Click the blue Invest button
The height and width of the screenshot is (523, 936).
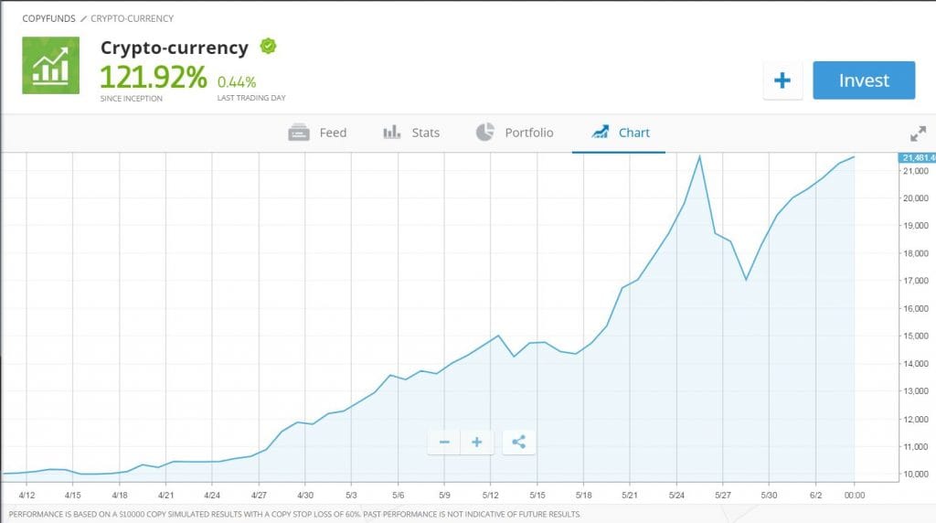point(863,80)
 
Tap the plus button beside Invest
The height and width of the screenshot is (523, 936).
point(782,80)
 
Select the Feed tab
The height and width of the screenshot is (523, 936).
point(317,133)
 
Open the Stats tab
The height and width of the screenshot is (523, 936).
point(411,133)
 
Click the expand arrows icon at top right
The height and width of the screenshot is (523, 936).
point(919,133)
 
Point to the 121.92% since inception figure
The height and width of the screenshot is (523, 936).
point(153,77)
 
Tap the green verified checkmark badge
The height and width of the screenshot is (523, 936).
point(268,46)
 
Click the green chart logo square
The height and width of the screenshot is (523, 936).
point(50,65)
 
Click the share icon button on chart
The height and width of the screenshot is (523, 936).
point(518,443)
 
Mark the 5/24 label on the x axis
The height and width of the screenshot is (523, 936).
point(676,495)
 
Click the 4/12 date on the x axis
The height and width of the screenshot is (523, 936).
point(27,495)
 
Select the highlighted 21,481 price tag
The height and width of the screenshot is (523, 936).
point(917,158)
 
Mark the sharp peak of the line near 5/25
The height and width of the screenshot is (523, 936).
point(699,156)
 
